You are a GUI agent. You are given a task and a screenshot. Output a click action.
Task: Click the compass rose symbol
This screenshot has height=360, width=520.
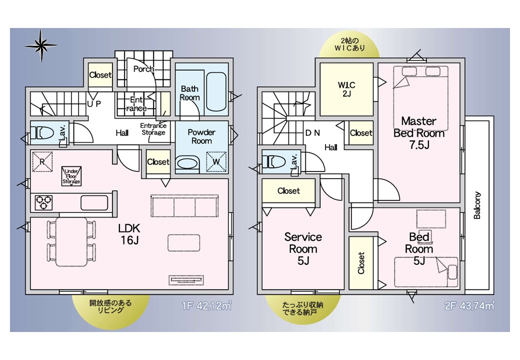pos(41,45)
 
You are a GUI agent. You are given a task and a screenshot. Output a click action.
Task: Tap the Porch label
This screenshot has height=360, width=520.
pos(143,69)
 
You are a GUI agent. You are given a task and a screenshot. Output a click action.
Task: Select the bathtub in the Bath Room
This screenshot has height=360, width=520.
pos(216,92)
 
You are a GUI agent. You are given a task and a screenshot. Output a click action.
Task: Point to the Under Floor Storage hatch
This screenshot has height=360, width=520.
pos(71,176)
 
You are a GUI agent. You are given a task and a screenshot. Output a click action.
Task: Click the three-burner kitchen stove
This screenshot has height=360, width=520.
pos(44,202)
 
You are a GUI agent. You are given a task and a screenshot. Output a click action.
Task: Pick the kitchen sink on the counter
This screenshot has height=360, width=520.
pos(94,202)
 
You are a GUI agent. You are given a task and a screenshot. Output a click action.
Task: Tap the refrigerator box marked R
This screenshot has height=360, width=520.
pos(42,161)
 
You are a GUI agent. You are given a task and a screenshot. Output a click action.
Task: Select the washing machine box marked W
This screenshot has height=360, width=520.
pos(216,162)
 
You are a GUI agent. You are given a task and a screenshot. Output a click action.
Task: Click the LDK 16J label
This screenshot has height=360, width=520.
pos(129,233)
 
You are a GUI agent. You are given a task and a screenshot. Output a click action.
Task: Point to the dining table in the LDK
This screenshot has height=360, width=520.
pos(71,242)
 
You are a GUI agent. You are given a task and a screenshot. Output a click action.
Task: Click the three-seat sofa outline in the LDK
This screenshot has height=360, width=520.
pos(184,206)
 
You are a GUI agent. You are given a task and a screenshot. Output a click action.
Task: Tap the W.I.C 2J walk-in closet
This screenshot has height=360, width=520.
pos(346,89)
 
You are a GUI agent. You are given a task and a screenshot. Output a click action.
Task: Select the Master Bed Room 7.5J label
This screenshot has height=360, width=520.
pos(419,132)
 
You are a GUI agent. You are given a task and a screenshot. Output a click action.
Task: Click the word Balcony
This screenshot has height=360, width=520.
pos(477,205)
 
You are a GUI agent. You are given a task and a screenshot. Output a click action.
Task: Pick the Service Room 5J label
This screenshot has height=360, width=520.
pos(303,248)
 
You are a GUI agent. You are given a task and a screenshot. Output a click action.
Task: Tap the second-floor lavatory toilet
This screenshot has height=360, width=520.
pos(274,162)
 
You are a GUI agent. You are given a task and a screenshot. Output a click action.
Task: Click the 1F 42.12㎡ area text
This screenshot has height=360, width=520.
pos(206,305)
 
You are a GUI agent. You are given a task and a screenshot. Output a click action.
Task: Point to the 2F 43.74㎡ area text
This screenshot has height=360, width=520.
pos(469,305)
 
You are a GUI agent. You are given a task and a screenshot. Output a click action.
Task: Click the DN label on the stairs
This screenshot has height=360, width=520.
pos(312,133)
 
